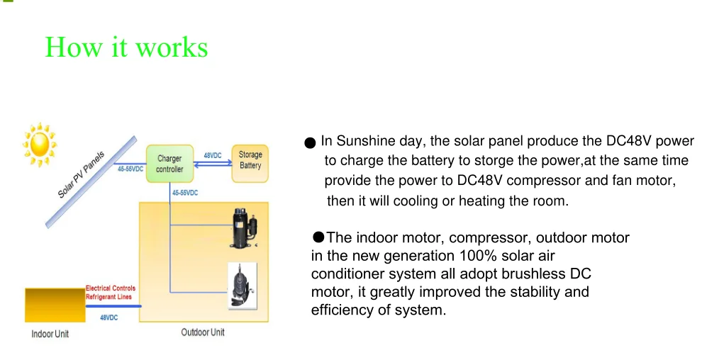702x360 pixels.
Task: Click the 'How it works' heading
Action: [126, 47]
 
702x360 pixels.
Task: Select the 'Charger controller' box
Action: [169, 164]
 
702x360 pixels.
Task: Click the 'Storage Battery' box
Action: [250, 160]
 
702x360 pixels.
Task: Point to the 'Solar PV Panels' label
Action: [81, 174]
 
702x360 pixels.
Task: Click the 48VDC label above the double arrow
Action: [213, 155]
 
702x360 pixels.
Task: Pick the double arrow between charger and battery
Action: [213, 164]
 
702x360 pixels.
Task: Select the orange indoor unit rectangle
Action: [54, 305]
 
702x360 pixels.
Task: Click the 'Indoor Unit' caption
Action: [50, 334]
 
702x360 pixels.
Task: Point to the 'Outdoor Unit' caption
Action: [203, 332]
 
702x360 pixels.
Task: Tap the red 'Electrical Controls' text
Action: [110, 288]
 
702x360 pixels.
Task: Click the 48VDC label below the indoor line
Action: [108, 317]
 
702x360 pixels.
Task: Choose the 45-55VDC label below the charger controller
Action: [185, 193]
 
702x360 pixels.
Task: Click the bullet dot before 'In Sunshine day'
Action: [310, 143]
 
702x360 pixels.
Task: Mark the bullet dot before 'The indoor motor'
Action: [318, 237]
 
